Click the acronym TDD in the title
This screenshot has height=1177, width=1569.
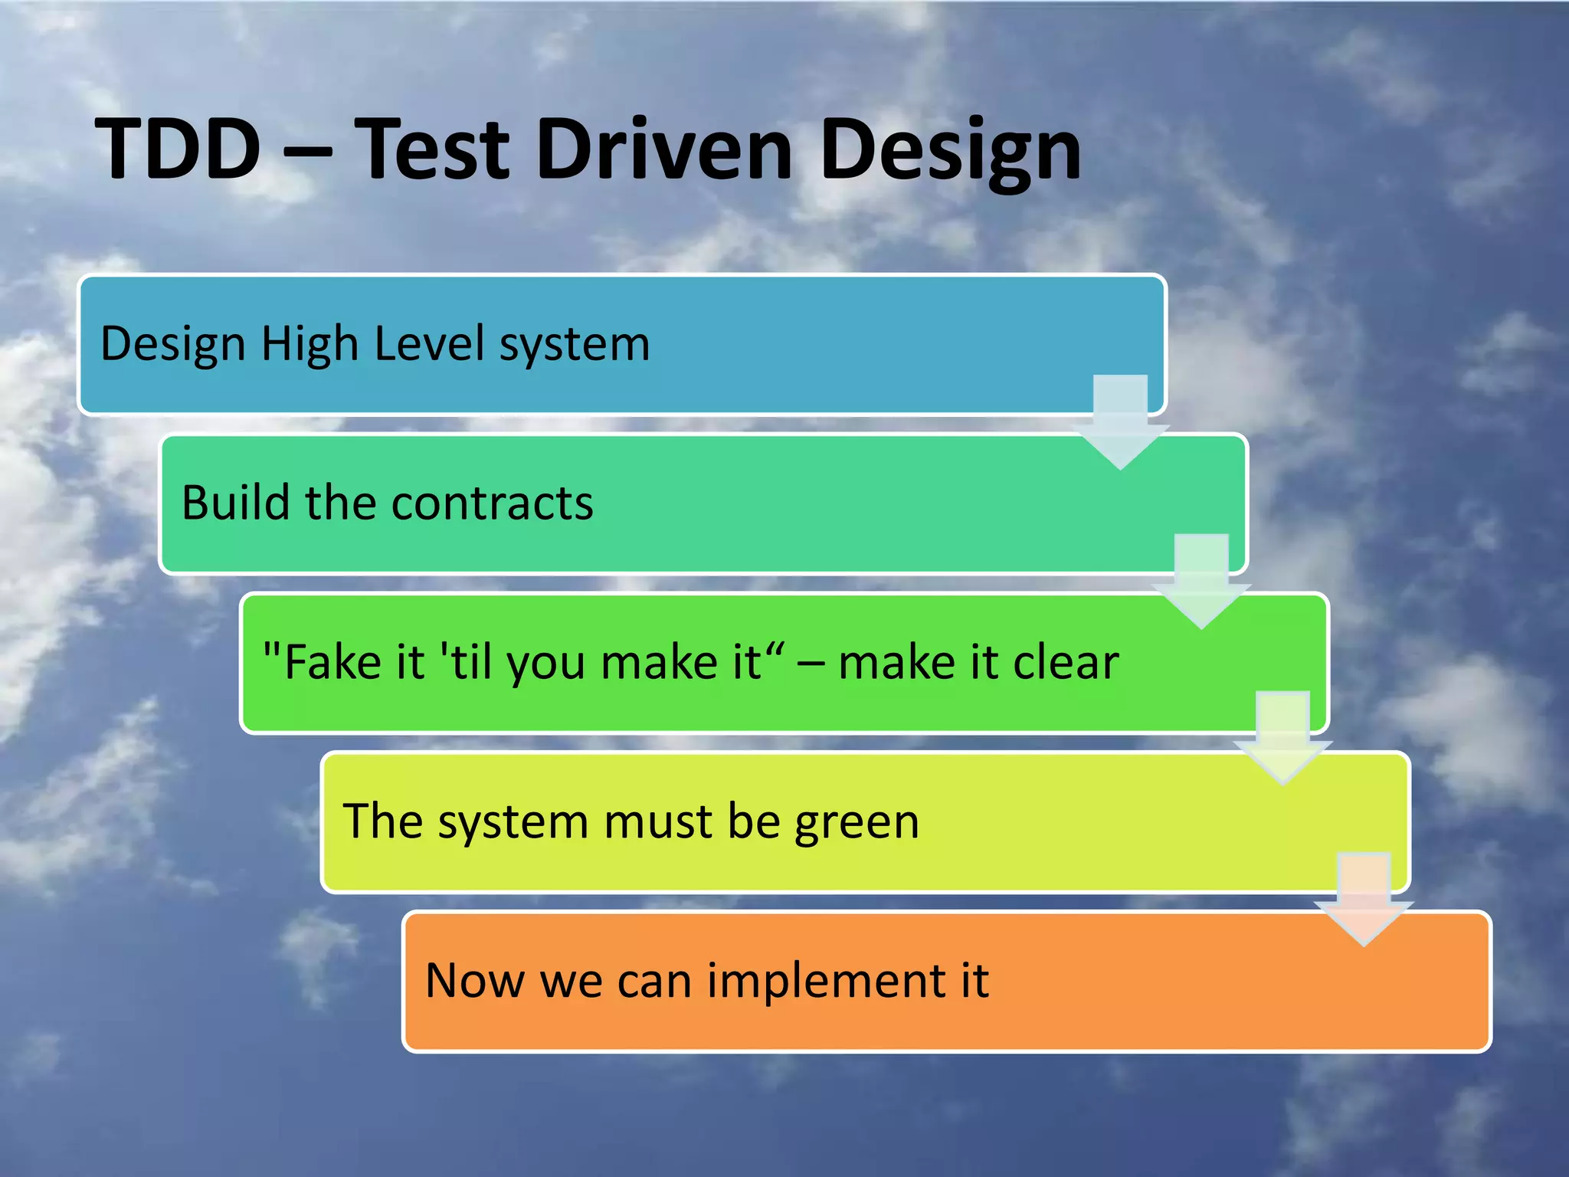pyautogui.click(x=178, y=149)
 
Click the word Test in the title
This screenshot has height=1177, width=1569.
pyautogui.click(x=432, y=149)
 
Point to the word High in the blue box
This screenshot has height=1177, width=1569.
pyautogui.click(x=310, y=344)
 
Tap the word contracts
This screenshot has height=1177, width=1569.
pyautogui.click(x=492, y=504)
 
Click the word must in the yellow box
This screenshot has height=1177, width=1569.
pyautogui.click(x=658, y=821)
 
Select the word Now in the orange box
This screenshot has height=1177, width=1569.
pyautogui.click(x=474, y=980)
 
